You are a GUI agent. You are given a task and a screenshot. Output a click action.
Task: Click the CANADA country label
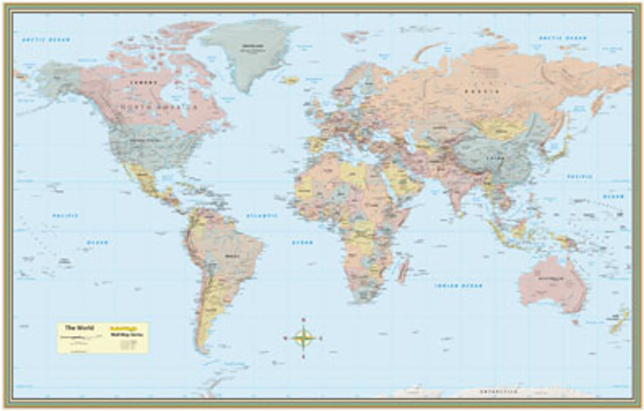pyautogui.click(x=143, y=82)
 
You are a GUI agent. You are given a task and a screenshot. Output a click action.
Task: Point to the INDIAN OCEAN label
pyautogui.click(x=458, y=286)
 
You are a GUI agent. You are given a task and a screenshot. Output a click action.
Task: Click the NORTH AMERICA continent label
pyautogui.click(x=158, y=108)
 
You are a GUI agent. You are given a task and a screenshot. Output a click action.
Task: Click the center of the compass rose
pyautogui.click(x=303, y=338)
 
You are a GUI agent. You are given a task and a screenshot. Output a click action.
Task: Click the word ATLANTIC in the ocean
pyautogui.click(x=262, y=216)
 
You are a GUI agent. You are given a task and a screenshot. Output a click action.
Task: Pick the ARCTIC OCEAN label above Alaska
pyautogui.click(x=46, y=39)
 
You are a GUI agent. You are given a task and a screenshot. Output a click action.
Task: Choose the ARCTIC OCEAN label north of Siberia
pyautogui.click(x=562, y=38)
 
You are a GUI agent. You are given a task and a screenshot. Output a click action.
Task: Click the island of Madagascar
pyautogui.click(x=404, y=269)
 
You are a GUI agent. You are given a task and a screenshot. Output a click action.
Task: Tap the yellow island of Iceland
pyautogui.click(x=290, y=80)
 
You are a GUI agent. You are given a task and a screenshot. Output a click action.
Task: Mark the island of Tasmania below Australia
pyautogui.click(x=575, y=322)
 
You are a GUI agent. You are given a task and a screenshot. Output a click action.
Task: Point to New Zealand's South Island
pyautogui.click(x=616, y=327)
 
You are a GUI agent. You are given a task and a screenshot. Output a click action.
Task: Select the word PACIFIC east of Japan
pyautogui.click(x=580, y=177)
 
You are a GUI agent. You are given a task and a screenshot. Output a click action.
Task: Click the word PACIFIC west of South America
pyautogui.click(x=65, y=216)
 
